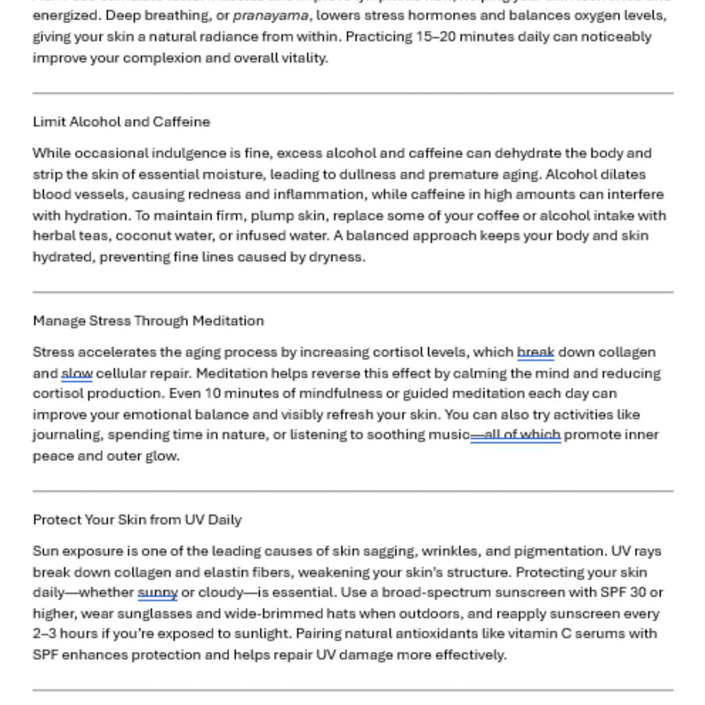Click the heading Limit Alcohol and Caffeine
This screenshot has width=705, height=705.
tap(121, 122)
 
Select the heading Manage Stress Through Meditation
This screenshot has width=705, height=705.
tap(148, 321)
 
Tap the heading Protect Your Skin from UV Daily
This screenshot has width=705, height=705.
tap(137, 520)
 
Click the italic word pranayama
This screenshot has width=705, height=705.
tap(271, 16)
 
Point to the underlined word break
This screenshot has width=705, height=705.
tap(536, 352)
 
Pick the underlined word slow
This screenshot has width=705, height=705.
tap(76, 374)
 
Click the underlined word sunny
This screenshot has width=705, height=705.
tap(158, 593)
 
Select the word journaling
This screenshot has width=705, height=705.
tap(67, 435)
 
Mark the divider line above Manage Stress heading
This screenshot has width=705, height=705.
tap(352, 293)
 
